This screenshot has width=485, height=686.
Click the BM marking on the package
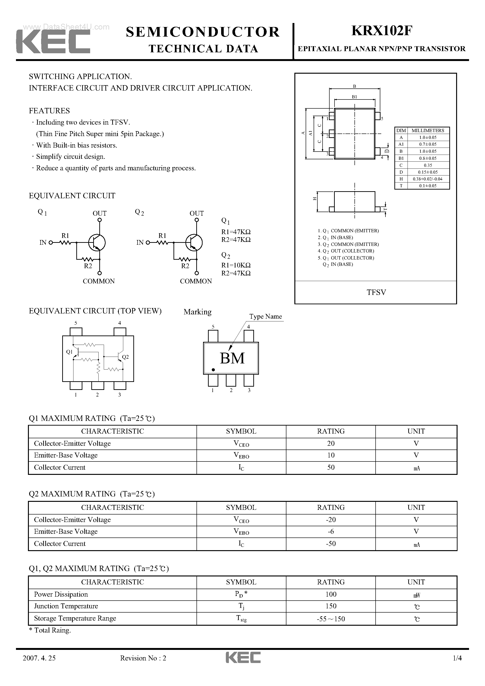click(232, 358)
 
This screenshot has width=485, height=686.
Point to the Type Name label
click(266, 316)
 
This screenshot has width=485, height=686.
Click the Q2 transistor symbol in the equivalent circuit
click(194, 242)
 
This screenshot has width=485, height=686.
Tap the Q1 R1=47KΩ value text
click(236, 232)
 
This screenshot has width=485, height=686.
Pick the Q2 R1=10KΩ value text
click(236, 265)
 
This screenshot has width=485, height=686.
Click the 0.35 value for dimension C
click(427, 165)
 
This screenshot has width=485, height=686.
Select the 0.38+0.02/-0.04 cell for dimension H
click(427, 179)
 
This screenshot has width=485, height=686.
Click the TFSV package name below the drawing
click(376, 292)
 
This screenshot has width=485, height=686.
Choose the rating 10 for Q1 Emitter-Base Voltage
click(331, 455)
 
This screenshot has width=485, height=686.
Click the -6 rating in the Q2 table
click(331, 531)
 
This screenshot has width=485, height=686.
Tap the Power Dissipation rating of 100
click(331, 594)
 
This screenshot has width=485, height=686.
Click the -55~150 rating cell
click(331, 618)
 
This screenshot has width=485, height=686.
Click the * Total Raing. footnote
click(50, 630)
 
